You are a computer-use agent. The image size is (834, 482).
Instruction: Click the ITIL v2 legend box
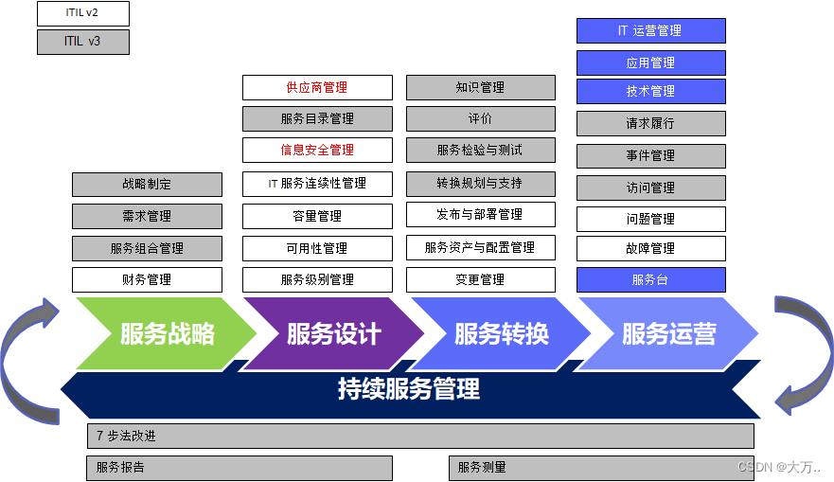[82, 13]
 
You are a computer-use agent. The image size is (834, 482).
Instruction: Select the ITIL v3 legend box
[82, 42]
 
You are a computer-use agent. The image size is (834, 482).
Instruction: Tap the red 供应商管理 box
[317, 88]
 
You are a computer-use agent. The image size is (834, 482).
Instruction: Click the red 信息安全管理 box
[317, 150]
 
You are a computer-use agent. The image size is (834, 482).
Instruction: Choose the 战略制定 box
[147, 185]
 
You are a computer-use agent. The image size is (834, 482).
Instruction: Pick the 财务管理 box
[147, 279]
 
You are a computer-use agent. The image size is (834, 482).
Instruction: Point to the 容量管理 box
[317, 216]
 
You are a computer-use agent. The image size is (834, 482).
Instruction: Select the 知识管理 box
[480, 88]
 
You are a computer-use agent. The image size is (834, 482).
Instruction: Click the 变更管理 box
[480, 279]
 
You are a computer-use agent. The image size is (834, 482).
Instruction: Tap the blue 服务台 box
[650, 279]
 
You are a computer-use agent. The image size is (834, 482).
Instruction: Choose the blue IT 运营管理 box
[650, 30]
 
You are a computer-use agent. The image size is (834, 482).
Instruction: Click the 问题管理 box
[650, 219]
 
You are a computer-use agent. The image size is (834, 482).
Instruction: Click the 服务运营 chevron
[668, 333]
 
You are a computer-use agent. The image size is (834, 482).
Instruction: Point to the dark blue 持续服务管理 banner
[409, 388]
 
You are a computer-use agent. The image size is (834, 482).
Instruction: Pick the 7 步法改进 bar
[420, 437]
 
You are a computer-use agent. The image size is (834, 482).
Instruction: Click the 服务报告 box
[239, 468]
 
